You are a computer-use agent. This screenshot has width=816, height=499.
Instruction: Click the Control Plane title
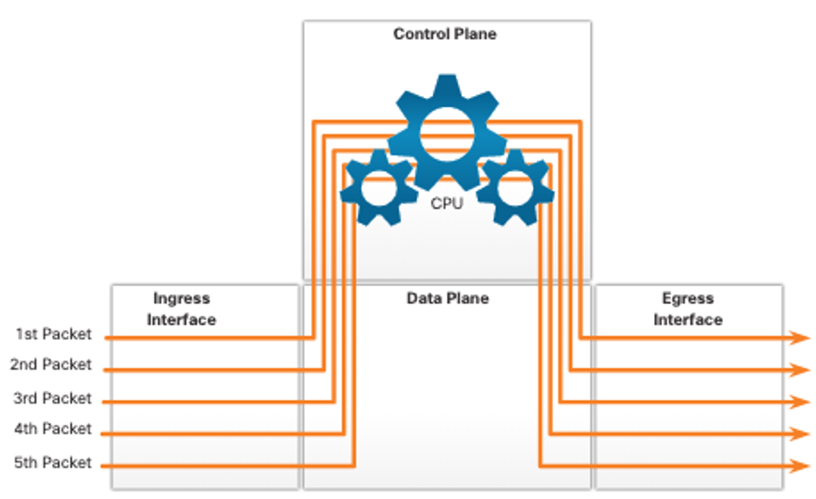(x=445, y=34)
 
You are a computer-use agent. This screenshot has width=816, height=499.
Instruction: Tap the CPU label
(x=447, y=203)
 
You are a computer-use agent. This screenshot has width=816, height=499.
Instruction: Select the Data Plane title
(x=447, y=298)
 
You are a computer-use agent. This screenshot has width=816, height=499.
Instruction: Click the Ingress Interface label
(x=181, y=309)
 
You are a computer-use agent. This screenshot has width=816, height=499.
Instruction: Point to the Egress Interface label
(x=688, y=309)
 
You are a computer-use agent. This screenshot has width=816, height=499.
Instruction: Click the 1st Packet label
(x=54, y=334)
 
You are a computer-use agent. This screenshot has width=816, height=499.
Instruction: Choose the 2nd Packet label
(x=51, y=365)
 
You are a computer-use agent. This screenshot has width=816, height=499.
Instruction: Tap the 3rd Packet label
(x=53, y=398)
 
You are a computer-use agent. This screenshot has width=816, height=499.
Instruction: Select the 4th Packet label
(x=53, y=429)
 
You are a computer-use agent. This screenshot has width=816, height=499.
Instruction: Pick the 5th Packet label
(x=53, y=463)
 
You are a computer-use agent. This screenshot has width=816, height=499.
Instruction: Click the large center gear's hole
(x=447, y=134)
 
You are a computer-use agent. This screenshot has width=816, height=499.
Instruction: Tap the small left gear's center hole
(x=379, y=189)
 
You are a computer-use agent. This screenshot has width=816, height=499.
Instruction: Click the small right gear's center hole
(x=515, y=189)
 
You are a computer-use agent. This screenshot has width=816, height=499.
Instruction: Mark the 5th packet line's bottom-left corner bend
(x=354, y=465)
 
